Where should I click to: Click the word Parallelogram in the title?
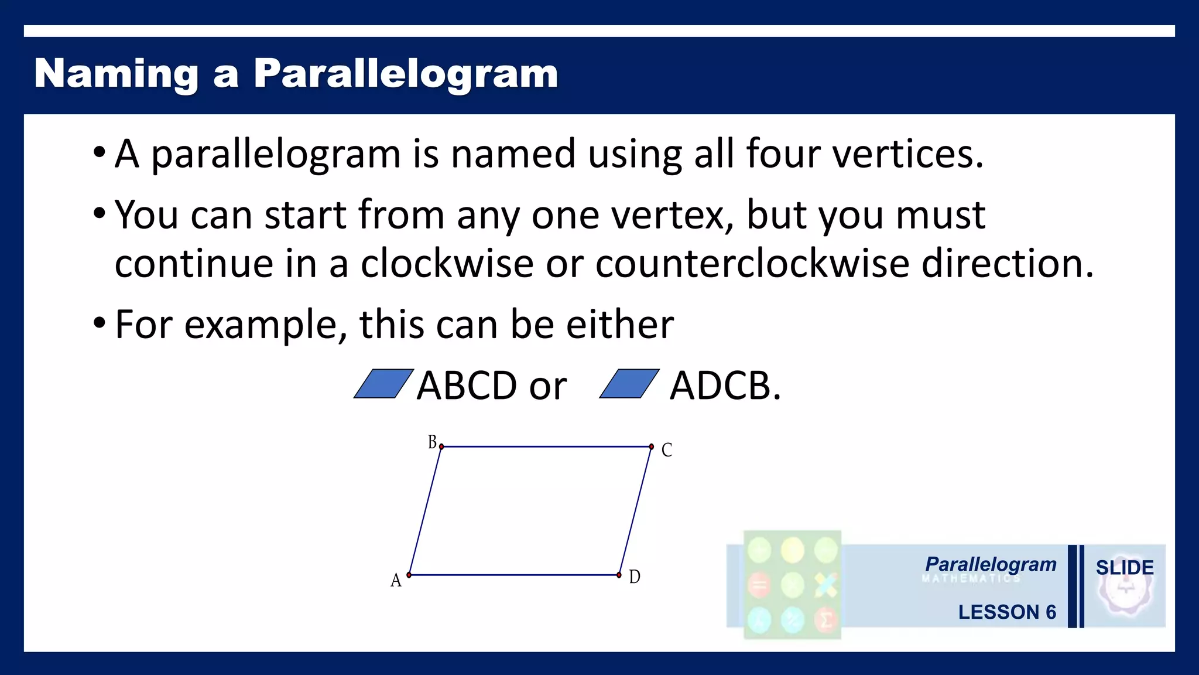point(405,74)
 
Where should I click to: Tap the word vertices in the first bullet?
point(907,154)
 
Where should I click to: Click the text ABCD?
point(467,386)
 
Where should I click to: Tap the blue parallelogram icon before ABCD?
point(383,384)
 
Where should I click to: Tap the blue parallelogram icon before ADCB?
point(629,384)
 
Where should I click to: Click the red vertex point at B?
point(441,447)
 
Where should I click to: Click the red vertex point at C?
point(651,447)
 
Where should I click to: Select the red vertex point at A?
point(409,575)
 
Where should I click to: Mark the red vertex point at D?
point(619,575)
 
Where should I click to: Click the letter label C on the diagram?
point(666,450)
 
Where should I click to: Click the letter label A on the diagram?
point(396,581)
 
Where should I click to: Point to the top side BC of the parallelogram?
point(546,447)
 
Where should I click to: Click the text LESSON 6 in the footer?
point(1006,612)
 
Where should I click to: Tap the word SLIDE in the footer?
point(1124,568)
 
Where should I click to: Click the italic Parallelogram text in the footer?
point(991,564)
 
